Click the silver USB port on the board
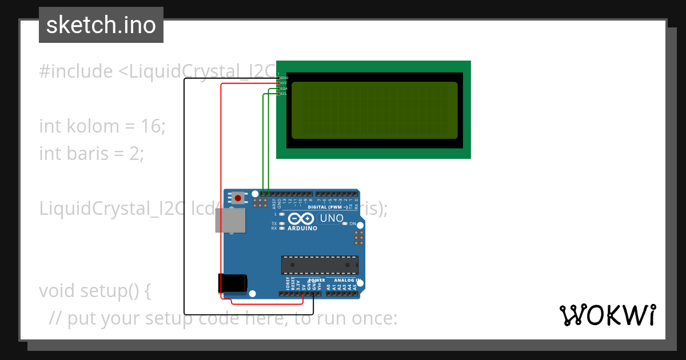click(x=230, y=220)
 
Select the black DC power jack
click(x=232, y=283)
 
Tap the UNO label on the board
click(x=331, y=218)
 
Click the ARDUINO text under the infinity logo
click(x=302, y=228)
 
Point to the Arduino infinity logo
click(x=301, y=219)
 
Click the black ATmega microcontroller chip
click(x=320, y=265)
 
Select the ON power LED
click(x=345, y=223)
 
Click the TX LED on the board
click(x=282, y=223)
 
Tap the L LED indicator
click(x=282, y=214)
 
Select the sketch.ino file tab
click(x=101, y=25)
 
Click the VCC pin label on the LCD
click(x=283, y=83)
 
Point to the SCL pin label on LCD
click(x=283, y=94)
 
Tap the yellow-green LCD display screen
click(x=374, y=110)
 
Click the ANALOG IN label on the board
click(x=346, y=281)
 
